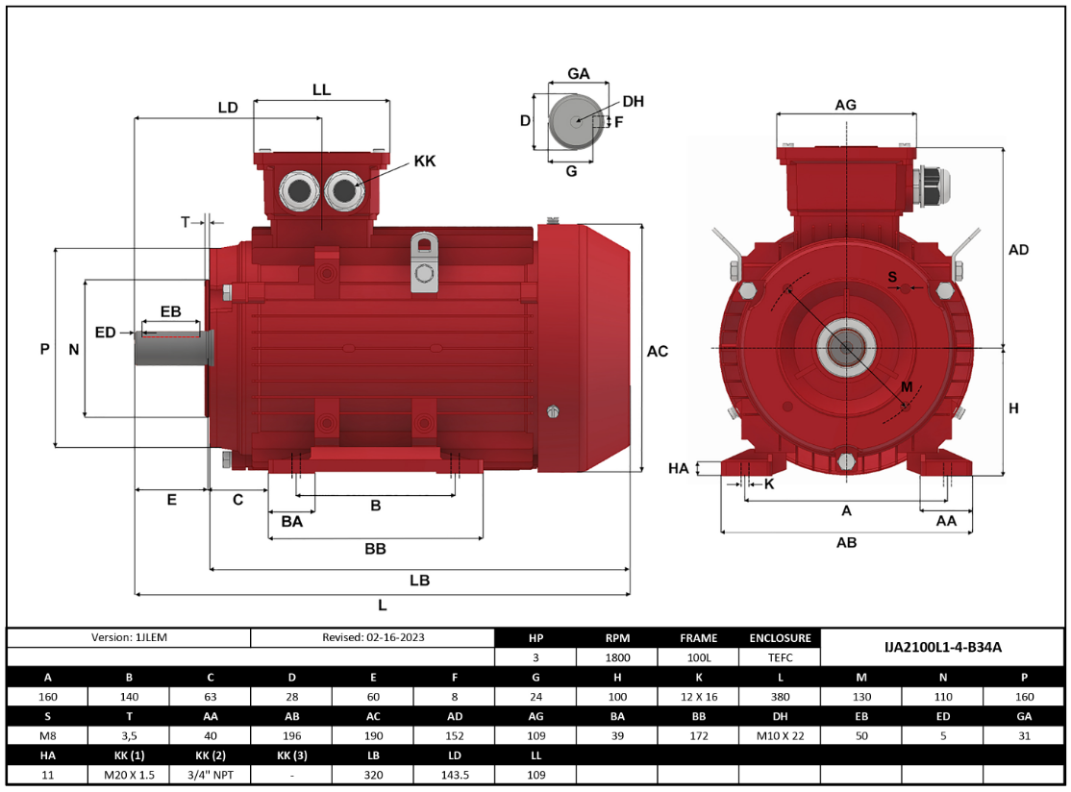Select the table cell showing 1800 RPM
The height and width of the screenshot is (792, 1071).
tap(617, 658)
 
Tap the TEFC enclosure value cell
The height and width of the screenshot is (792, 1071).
tap(780, 658)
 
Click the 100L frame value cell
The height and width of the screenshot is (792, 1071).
tap(698, 658)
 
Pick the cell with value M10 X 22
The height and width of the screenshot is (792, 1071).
tap(780, 735)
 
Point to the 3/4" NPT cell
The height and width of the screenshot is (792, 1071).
tap(210, 775)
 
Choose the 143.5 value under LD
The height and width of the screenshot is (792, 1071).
tap(454, 775)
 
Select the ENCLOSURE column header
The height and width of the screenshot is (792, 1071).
tap(780, 637)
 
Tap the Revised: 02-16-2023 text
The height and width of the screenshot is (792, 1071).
tap(373, 637)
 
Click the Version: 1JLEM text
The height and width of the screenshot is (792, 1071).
tap(129, 637)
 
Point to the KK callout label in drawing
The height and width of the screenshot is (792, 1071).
tap(424, 161)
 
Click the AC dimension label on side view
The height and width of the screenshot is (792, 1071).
tap(658, 352)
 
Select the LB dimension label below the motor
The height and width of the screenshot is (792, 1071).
tap(419, 581)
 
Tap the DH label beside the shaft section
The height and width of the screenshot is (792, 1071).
tap(633, 102)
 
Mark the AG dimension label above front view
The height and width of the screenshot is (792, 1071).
tap(845, 105)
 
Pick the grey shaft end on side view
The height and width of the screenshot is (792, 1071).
tap(169, 350)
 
